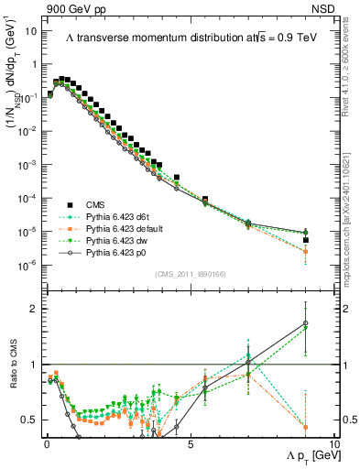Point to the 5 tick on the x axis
190,443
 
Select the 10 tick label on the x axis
333,443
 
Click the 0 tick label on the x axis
47,443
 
